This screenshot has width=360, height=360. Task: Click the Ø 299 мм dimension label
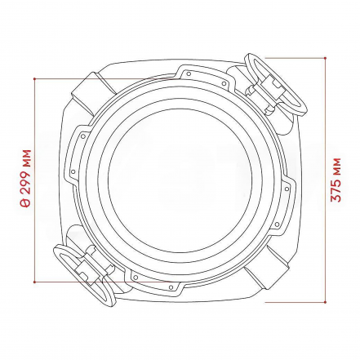point(26,179)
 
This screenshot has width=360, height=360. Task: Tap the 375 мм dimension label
point(336,180)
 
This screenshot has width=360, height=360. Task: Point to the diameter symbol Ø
point(26,204)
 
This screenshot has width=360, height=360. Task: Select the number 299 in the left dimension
point(26,184)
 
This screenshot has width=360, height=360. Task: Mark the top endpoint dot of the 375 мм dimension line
point(325,58)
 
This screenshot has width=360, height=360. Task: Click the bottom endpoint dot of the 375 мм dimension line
point(325,302)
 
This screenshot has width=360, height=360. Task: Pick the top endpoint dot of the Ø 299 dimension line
point(34,79)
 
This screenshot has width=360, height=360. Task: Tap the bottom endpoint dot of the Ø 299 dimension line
point(34,282)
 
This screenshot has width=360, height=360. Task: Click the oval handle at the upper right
point(275,84)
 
